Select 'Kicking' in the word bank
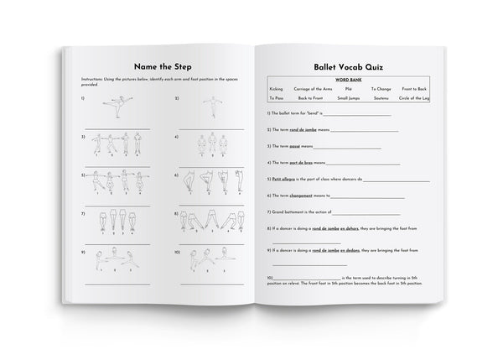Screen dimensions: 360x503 pos(277,88)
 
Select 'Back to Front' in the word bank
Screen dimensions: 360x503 pos(310,99)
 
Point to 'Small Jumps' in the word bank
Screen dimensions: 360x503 pos(350,99)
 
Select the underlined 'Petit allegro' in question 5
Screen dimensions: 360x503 pos(281,178)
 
